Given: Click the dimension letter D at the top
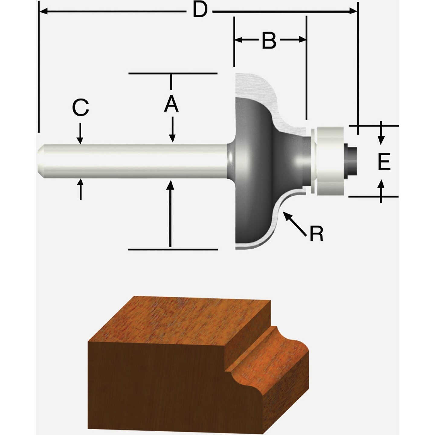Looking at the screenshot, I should (x=200, y=11).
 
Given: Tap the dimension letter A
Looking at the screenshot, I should (x=171, y=104).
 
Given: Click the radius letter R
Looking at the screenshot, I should (x=317, y=234).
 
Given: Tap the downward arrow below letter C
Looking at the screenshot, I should (x=80, y=133).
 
